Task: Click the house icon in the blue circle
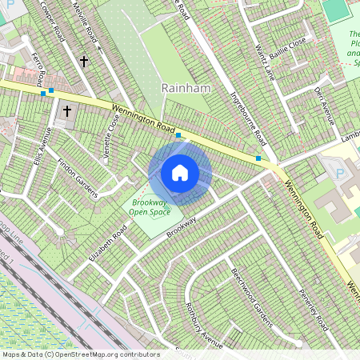point(180,172)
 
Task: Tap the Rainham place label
point(185,88)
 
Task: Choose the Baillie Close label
point(289,55)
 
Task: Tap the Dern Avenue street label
point(324,105)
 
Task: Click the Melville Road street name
point(85,26)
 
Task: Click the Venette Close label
point(110,130)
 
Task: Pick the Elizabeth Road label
point(109,243)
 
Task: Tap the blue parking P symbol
point(338,172)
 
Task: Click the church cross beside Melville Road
point(83,61)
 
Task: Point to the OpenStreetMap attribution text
point(80,354)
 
